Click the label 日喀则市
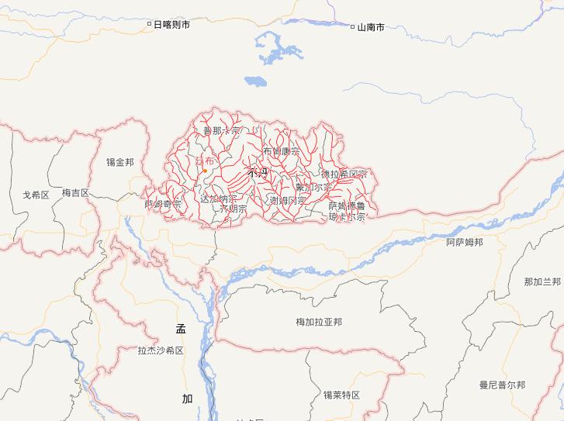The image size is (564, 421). [171, 25]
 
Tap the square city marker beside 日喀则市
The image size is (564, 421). [150, 24]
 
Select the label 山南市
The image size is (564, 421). [371, 27]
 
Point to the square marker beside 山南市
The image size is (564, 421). [352, 26]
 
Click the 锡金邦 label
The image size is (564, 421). [120, 162]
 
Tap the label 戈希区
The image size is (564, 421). [36, 195]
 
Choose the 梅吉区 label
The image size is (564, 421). [76, 192]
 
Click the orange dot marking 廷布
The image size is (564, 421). [205, 171]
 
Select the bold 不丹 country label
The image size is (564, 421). [257, 173]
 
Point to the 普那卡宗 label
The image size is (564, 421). [221, 130]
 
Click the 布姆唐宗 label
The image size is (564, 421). [281, 151]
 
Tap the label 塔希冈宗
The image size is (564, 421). [343, 174]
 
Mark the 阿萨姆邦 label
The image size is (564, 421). [465, 242]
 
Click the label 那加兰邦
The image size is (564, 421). [542, 281]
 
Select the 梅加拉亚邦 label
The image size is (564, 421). [319, 322]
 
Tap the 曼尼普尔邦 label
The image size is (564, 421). [502, 385]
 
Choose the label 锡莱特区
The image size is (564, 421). [342, 395]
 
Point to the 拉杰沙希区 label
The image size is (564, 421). [161, 350]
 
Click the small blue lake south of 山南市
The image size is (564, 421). [254, 80]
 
